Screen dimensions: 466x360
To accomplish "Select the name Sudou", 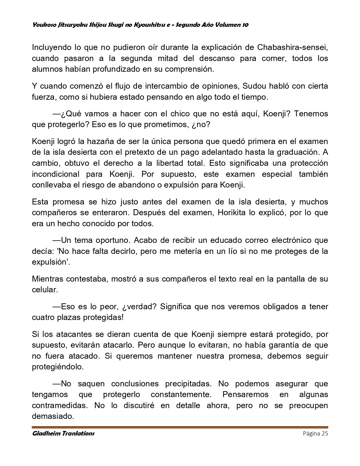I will [255, 86].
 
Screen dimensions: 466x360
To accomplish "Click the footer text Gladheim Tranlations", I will [63, 434].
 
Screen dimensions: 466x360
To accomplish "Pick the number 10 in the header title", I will [245, 25].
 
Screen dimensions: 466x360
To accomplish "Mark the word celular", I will [45, 290].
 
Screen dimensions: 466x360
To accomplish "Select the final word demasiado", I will [53, 416].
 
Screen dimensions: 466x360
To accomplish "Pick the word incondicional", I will [56, 174].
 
